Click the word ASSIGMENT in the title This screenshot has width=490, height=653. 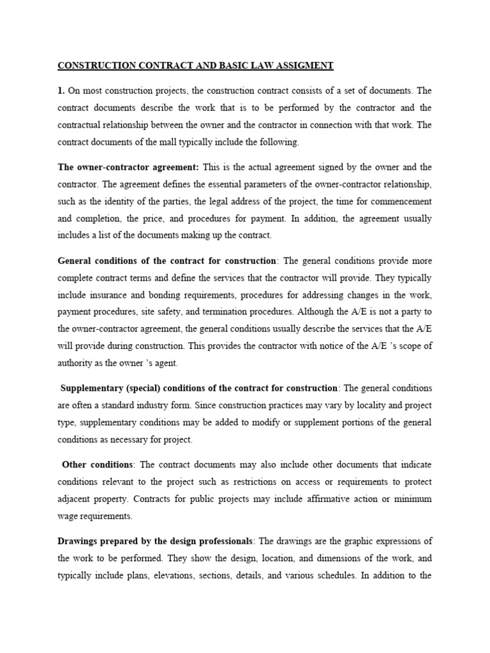pyautogui.click(x=303, y=66)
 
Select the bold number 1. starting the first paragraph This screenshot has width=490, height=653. pyautogui.click(x=62, y=91)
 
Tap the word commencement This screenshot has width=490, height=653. pyautogui.click(x=401, y=201)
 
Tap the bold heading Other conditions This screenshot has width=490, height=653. pyautogui.click(x=98, y=464)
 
